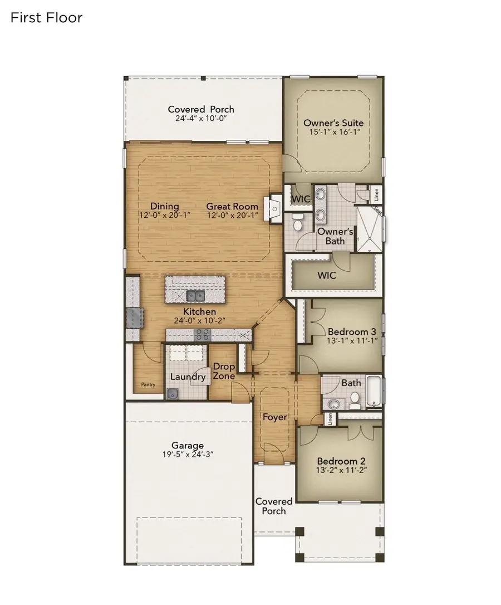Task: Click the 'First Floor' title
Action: tap(46, 18)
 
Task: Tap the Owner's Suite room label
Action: tap(333, 123)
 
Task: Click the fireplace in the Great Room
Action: tap(275, 208)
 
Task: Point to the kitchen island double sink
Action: tap(195, 295)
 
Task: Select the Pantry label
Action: tap(148, 384)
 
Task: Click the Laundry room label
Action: tap(188, 377)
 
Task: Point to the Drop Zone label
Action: tap(224, 371)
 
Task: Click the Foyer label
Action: tap(275, 417)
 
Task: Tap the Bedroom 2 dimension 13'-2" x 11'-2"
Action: tap(341, 470)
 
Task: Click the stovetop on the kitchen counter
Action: tap(202, 334)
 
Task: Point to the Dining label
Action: tap(164, 207)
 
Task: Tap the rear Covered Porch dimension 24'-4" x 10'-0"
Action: tap(201, 119)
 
